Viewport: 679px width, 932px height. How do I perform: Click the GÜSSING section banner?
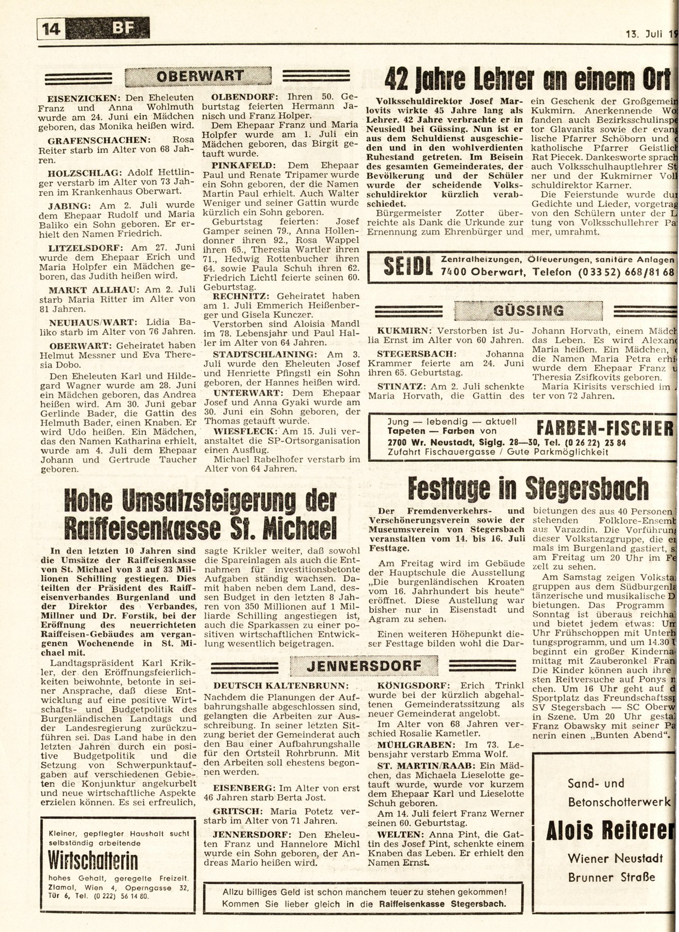529,311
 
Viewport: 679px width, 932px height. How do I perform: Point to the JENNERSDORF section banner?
364,666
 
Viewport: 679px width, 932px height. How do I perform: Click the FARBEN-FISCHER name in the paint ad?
606,429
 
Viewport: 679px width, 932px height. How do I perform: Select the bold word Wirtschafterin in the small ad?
93,861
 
